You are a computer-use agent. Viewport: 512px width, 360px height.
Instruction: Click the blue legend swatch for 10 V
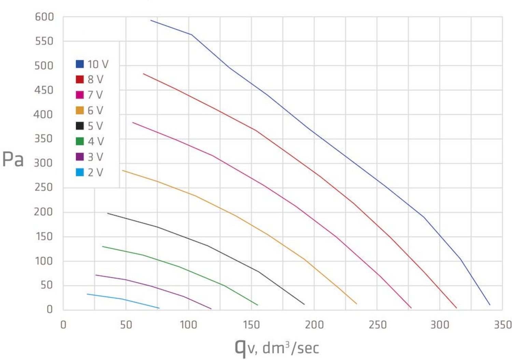pyautogui.click(x=80, y=64)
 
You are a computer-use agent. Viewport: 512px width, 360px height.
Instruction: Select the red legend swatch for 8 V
pyautogui.click(x=80, y=79)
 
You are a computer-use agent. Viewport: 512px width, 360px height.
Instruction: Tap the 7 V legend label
pyautogui.click(x=95, y=95)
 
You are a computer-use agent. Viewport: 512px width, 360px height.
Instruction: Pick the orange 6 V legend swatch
pyautogui.click(x=80, y=110)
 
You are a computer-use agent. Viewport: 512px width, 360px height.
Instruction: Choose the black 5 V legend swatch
pyautogui.click(x=80, y=126)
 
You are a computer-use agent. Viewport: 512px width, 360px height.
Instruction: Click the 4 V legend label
pyautogui.click(x=96, y=141)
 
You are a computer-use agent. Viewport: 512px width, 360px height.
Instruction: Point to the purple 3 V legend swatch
pyautogui.click(x=80, y=157)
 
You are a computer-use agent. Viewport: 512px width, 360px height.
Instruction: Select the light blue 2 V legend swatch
pyautogui.click(x=80, y=172)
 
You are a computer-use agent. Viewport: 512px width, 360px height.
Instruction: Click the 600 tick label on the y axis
pyautogui.click(x=44, y=17)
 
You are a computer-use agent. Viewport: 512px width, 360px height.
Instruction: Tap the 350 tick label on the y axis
pyautogui.click(x=44, y=139)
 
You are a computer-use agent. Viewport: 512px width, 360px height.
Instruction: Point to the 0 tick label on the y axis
pyautogui.click(x=50, y=309)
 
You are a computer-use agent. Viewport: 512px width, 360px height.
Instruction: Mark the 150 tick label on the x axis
pyautogui.click(x=251, y=325)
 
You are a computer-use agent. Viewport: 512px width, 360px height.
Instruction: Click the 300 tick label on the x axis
pyautogui.click(x=440, y=325)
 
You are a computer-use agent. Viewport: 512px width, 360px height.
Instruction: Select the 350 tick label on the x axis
pyautogui.click(x=503, y=325)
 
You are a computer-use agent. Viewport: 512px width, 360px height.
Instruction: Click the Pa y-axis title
pyautogui.click(x=13, y=159)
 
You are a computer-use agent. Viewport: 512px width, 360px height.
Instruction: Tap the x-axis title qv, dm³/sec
pyautogui.click(x=277, y=347)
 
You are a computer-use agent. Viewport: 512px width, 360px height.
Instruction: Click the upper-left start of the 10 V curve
pyautogui.click(x=151, y=20)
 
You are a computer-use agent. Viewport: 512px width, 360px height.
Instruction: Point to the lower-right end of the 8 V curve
pyautogui.click(x=456, y=308)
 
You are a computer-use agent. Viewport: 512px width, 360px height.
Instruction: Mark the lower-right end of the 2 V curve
pyautogui.click(x=159, y=308)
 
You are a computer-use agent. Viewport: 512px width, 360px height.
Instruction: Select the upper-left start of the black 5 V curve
pyautogui.click(x=108, y=213)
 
